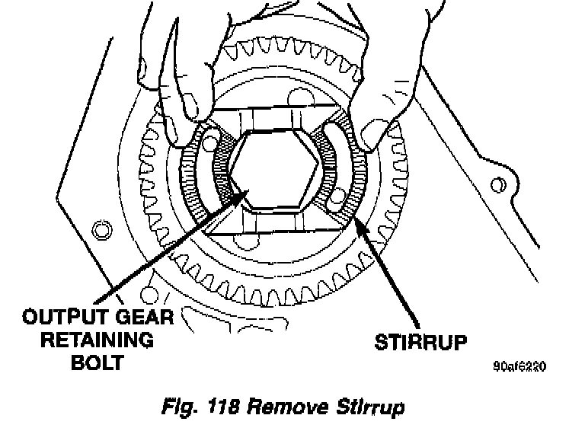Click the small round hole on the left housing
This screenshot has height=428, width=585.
(97, 228)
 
